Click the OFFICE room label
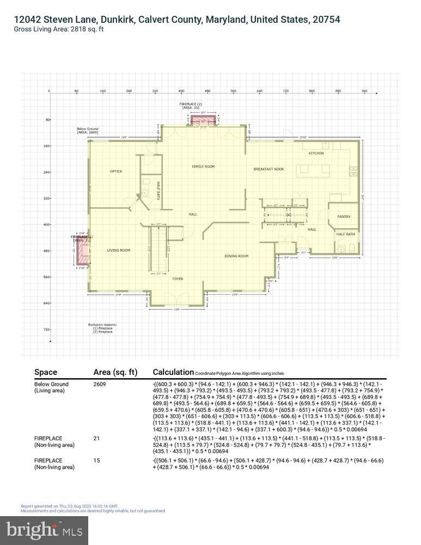point(116,171)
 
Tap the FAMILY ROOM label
point(203,166)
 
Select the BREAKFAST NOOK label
point(269,169)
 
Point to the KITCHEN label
point(316,153)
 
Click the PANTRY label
point(344,216)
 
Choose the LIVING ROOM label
point(118,250)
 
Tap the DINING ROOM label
point(236,256)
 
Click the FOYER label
point(178,278)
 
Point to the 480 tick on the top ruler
point(208,91)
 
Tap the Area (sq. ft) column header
point(115,372)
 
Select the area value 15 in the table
point(97,461)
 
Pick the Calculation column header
point(173,372)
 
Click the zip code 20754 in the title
point(326,20)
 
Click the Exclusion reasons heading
point(102,325)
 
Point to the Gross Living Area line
point(59,29)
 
